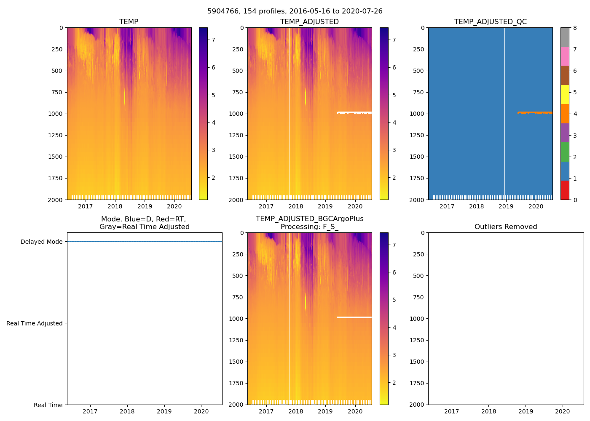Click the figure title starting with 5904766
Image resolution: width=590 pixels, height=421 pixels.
point(295,11)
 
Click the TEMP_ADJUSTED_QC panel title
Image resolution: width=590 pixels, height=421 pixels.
point(490,21)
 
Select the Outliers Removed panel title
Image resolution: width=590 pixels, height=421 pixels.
point(506,226)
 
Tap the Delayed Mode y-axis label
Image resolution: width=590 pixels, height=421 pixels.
point(41,242)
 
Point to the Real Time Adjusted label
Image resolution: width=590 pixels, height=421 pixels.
point(35,323)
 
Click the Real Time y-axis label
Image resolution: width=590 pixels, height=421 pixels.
point(48,405)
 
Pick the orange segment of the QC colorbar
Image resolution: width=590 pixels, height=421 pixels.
point(565,114)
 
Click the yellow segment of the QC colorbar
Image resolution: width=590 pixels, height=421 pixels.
point(565,94)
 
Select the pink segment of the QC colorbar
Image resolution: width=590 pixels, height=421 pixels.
point(565,56)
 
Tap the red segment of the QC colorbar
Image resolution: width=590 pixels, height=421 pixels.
point(565,190)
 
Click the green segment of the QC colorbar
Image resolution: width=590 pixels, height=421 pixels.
point(565,152)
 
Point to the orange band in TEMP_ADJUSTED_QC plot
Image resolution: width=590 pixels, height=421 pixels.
point(535,112)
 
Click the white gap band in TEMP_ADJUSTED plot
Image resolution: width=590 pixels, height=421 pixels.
point(354,112)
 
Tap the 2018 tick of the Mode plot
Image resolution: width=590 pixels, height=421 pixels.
point(127,411)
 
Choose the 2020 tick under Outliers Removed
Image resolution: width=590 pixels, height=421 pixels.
point(563,411)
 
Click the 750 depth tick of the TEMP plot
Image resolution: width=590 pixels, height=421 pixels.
point(56,92)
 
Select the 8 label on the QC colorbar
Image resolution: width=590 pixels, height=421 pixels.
point(574,28)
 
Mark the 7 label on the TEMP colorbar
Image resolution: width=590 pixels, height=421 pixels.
point(213,40)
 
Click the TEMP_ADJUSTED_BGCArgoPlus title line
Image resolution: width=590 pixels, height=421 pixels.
point(309,219)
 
